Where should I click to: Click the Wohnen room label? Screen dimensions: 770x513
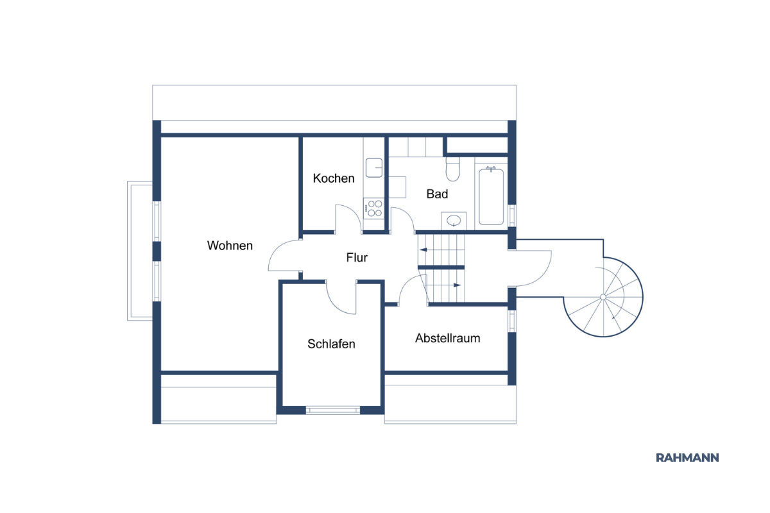230,246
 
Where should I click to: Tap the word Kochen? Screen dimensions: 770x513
334,178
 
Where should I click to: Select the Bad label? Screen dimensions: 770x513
437,194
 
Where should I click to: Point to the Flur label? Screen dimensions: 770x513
357,257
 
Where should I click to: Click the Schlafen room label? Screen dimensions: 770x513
331,344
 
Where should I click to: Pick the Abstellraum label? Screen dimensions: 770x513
448,338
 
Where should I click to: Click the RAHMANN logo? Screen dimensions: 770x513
687,458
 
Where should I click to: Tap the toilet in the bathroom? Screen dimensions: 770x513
453,169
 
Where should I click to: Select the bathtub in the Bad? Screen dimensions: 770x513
492,196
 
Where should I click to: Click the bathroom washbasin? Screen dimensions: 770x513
454,220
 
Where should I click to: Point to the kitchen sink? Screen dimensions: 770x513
374,167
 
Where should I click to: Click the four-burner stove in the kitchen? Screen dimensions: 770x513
373,208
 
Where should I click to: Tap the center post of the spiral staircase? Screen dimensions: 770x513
603,297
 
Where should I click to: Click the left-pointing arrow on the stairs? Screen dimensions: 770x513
423,250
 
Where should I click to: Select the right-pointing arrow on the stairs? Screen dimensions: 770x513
457,285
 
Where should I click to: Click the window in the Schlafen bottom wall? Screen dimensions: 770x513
333,410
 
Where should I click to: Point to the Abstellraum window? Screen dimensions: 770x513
512,321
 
